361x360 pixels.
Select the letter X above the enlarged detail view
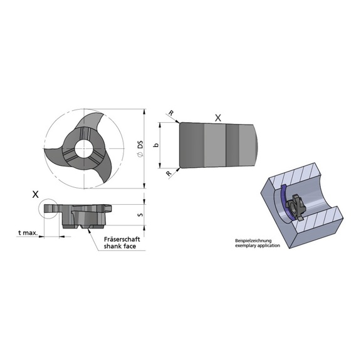(217, 117)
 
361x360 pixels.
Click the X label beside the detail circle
(35, 194)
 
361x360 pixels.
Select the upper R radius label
(170, 113)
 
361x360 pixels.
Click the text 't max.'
(28, 233)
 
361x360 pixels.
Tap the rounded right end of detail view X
(258, 145)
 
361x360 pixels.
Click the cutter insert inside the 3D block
(294, 206)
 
